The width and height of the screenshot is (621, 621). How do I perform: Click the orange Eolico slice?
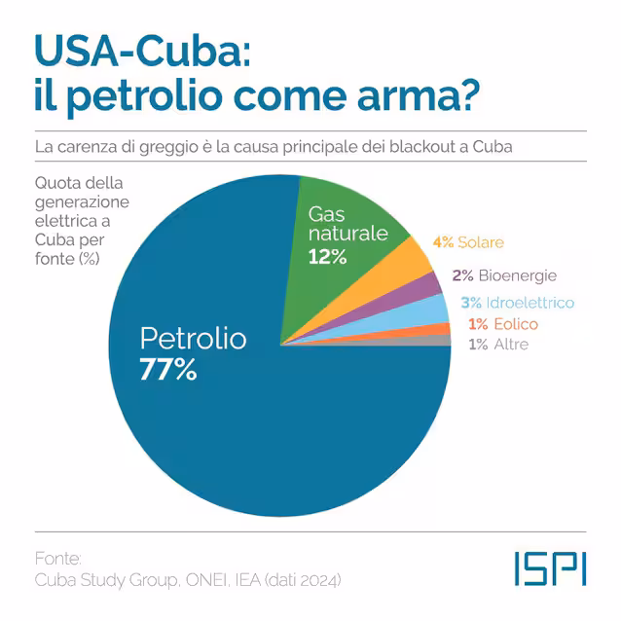440,330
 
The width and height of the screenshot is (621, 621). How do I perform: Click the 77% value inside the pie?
168,369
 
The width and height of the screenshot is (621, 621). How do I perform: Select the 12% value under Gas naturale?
327,257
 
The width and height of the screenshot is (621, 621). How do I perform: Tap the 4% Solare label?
468,242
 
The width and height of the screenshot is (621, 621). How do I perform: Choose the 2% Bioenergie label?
504,275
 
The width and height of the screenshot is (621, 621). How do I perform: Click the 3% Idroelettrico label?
518,303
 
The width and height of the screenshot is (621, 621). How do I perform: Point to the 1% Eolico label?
503,324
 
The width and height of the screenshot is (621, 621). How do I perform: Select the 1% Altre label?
498,345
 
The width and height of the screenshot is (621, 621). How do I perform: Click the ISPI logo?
551,568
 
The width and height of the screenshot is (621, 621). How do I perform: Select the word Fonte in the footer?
58,559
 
